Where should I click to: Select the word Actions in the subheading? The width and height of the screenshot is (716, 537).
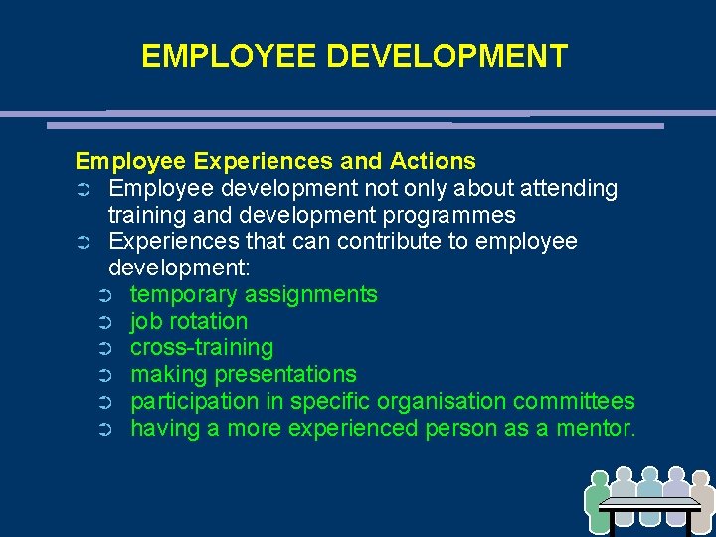point(434,161)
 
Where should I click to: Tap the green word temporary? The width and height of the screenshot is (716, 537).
point(184,294)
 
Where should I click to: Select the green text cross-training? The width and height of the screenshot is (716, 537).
point(202,348)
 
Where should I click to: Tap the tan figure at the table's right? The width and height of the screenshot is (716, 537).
point(701,502)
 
